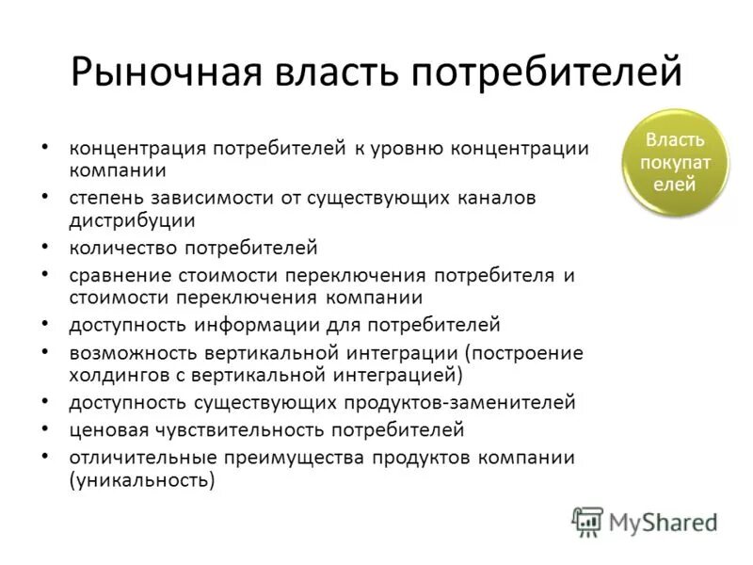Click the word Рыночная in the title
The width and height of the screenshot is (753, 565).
pos(165,73)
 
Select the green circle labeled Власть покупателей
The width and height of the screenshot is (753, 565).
pos(675,162)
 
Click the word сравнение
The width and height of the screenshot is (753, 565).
pos(119,276)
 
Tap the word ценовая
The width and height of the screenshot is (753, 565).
pos(103,430)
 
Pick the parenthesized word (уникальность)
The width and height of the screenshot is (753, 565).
pos(141,480)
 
